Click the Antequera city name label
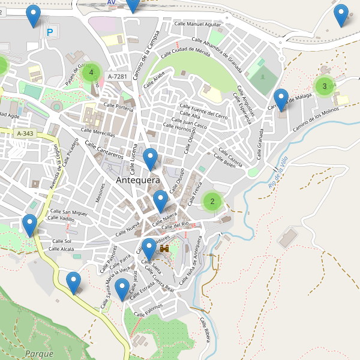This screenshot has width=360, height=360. [x=137, y=180]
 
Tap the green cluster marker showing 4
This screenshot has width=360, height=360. [x=91, y=73]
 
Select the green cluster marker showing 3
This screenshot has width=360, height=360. [x=324, y=86]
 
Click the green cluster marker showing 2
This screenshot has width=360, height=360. [x=212, y=201]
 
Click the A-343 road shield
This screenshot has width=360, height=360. [x=26, y=133]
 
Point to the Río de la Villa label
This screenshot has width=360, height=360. [x=279, y=174]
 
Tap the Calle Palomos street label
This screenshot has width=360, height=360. [x=148, y=310]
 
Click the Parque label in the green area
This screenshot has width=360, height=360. [x=40, y=354]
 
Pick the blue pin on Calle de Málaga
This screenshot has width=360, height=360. [x=281, y=98]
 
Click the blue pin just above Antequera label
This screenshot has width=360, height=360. [x=151, y=158]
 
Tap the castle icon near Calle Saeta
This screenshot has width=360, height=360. [x=164, y=247]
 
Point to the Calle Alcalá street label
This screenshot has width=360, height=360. [x=61, y=248]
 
